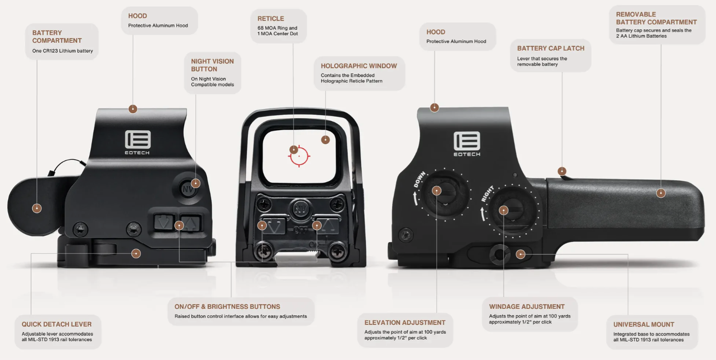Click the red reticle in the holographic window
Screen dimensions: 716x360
[x=299, y=156]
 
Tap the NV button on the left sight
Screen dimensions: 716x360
[x=188, y=189]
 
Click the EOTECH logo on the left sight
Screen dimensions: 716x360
[x=137, y=143]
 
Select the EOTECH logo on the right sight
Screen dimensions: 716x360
[x=467, y=144]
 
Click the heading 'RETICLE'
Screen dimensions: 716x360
[x=271, y=18]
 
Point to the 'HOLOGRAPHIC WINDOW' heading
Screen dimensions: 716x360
[x=359, y=66]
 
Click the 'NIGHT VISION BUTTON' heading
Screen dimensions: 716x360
[x=212, y=65]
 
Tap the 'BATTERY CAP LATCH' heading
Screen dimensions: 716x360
[x=551, y=48]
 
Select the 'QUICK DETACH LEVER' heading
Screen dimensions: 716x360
[x=56, y=324]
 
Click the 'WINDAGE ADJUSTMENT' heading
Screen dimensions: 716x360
[x=527, y=307]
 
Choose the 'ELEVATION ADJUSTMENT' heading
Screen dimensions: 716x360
[x=405, y=322]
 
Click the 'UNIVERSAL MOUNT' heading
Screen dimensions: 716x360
[x=644, y=324]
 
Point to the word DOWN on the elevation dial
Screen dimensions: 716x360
[x=419, y=179]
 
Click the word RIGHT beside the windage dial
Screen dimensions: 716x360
[x=488, y=194]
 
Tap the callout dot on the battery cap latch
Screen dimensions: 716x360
[x=562, y=171]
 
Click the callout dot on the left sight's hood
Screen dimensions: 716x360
[x=133, y=109]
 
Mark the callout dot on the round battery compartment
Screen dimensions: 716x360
[x=37, y=208]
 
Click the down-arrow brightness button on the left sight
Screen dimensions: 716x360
[x=164, y=222]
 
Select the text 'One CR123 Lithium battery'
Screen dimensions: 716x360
[x=63, y=51]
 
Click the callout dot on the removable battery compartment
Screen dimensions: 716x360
[x=661, y=193]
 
